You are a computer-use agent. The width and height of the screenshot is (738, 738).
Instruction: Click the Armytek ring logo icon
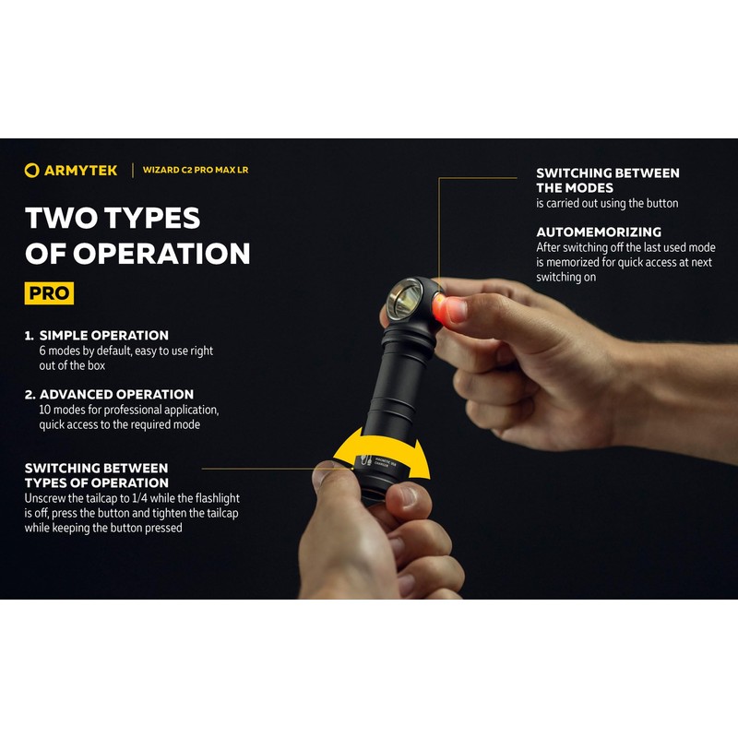pyautogui.click(x=32, y=170)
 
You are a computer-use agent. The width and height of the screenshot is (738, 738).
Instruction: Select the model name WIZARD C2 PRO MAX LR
pyautogui.click(x=195, y=170)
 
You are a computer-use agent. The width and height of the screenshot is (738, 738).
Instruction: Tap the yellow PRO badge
pyautogui.click(x=49, y=293)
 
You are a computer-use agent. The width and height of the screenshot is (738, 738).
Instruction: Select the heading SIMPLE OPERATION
pyautogui.click(x=104, y=336)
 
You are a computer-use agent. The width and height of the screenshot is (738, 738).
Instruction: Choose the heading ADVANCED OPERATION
pyautogui.click(x=116, y=394)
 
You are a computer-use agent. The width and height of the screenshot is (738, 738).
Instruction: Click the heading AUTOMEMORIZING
pyautogui.click(x=599, y=232)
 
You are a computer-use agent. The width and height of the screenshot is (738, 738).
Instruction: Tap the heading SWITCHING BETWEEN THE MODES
pyautogui.click(x=607, y=180)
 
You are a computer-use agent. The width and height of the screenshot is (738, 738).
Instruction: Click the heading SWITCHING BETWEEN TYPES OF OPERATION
pyautogui.click(x=96, y=475)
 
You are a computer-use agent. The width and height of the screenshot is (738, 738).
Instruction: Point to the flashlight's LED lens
pyautogui.click(x=407, y=299)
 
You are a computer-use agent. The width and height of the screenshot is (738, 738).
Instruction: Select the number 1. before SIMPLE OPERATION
pyautogui.click(x=30, y=336)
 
